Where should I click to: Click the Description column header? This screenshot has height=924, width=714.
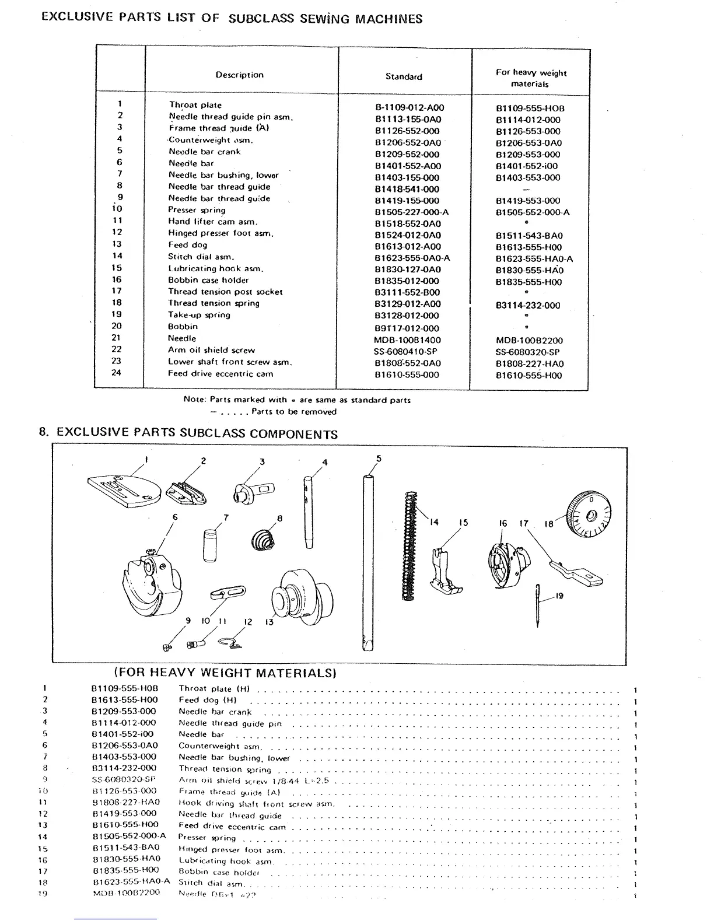coord(239,75)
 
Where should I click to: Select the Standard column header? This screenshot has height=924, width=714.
coord(404,76)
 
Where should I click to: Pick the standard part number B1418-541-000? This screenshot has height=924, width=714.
coord(407,189)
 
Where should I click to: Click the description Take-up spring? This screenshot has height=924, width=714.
coord(199,315)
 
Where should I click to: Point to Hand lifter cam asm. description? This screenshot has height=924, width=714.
coord(213,222)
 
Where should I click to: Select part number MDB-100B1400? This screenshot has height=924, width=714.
coord(407,340)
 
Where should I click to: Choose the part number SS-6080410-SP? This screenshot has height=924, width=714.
coord(405,352)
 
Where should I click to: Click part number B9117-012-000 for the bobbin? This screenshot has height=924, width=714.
coord(407,328)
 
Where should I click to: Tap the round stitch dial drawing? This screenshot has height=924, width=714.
coord(587,514)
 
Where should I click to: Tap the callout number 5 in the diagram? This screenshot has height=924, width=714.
coord(379,459)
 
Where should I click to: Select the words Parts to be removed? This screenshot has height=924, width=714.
coord(294,412)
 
